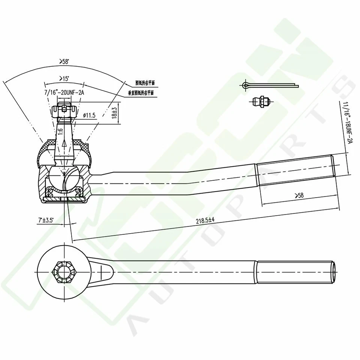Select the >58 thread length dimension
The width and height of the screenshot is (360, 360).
click(299, 195)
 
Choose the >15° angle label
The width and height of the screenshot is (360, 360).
click(64, 78)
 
